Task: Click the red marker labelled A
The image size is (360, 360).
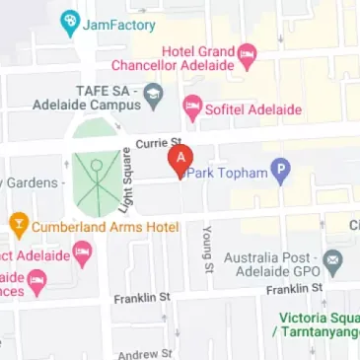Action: pyautogui.click(x=180, y=159)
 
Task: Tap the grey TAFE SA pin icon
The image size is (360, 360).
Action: pyautogui.click(x=152, y=96)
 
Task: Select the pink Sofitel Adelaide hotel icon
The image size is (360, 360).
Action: pyautogui.click(x=192, y=106)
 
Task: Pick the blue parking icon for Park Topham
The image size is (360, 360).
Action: pyautogui.click(x=280, y=173)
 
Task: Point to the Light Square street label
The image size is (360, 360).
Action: pyautogui.click(x=126, y=178)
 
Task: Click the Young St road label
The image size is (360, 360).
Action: pyautogui.click(x=207, y=248)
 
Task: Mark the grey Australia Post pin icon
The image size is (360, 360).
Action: pyautogui.click(x=332, y=262)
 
